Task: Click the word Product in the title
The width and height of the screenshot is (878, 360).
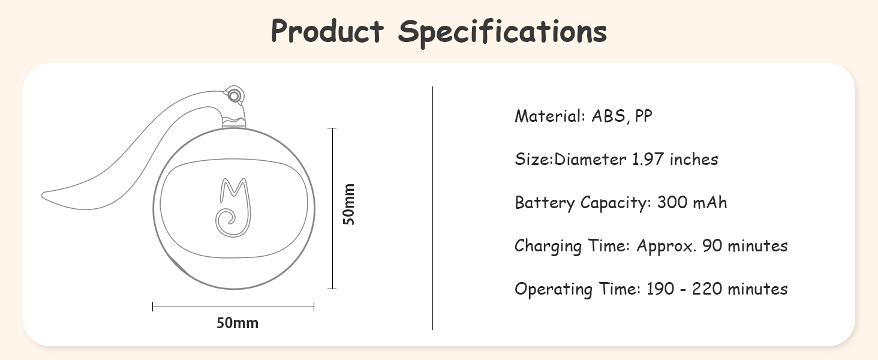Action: pos(327,31)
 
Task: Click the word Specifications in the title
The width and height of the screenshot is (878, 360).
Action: pos(503,32)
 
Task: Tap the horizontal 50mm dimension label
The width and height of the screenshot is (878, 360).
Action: pos(237,323)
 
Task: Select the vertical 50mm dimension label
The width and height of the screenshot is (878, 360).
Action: pos(348,204)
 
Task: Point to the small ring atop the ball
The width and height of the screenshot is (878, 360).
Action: pos(234,95)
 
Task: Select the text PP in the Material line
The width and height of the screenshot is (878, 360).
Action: pos(644,116)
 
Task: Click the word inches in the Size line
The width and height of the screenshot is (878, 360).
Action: pos(694,159)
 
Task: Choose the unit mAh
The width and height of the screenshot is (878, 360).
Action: pos(709,202)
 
